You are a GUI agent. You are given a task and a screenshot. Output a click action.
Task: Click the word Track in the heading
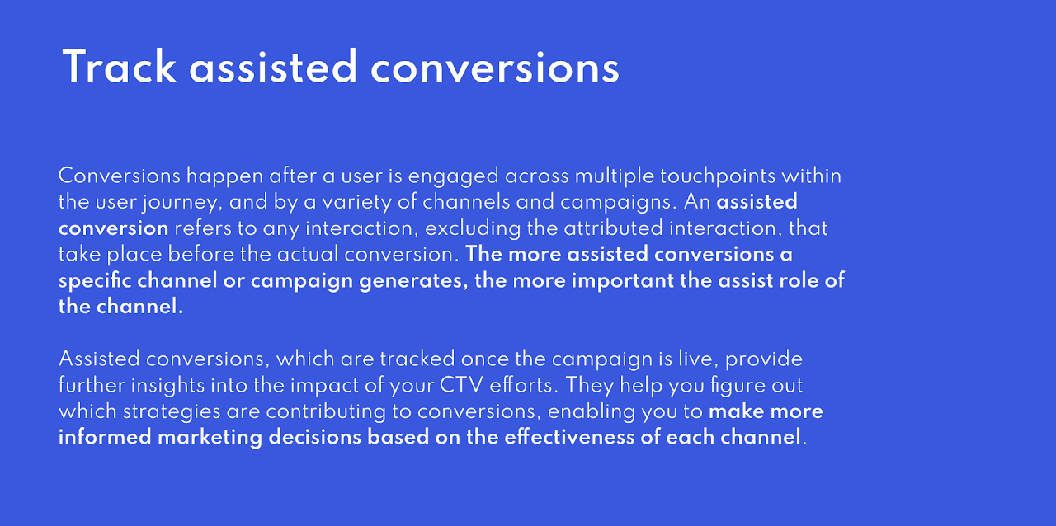tap(120, 67)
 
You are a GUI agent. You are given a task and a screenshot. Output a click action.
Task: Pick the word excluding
tap(473, 229)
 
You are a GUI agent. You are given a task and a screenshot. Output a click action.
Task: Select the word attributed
tap(613, 228)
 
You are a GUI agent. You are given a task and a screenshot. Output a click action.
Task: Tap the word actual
tap(308, 255)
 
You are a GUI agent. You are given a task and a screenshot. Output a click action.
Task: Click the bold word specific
tap(95, 281)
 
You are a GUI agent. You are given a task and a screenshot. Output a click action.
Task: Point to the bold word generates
tap(413, 282)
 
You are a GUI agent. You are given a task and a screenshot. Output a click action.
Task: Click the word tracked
tap(417, 359)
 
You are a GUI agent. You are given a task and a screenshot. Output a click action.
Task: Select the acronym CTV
tap(461, 386)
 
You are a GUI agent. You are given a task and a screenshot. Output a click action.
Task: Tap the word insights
tap(167, 387)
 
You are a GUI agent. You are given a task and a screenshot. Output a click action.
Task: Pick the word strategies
tap(172, 412)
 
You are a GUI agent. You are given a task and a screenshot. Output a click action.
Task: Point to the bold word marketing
tap(210, 439)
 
